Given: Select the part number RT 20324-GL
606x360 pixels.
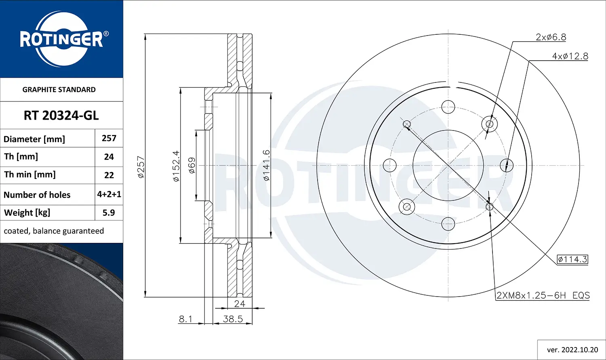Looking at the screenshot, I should pos(61,116).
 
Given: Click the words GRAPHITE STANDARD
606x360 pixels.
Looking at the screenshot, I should pos(59,90).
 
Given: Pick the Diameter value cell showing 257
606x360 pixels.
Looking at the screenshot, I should pos(109,138).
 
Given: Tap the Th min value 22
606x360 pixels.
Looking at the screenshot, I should pos(109,175).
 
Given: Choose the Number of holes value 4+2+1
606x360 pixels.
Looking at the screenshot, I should pos(109,194).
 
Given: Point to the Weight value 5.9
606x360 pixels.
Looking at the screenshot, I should pos(109,213).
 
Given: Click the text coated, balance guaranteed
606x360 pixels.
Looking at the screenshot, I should pos(54,231).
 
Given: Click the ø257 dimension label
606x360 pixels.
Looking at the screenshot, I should pos(141,167).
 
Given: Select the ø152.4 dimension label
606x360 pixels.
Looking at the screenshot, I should pos(176,166).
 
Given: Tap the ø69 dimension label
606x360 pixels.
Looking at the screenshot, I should pos(192,166).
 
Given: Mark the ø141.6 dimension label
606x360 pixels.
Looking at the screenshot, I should pos(266,165).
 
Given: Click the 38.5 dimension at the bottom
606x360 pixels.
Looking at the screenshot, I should pos(233,319).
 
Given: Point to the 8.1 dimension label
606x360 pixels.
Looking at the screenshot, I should pos(185,319).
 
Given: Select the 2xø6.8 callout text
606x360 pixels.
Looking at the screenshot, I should pos(551,37).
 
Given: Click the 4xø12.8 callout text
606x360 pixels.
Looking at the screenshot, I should pos(570,56).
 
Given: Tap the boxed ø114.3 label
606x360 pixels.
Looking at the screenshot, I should pos(572,259).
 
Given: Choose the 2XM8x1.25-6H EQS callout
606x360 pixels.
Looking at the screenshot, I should pos(543,295).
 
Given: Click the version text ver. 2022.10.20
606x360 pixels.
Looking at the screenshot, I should pos(572,349).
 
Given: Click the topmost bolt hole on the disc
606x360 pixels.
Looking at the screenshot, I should pos(448,107).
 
